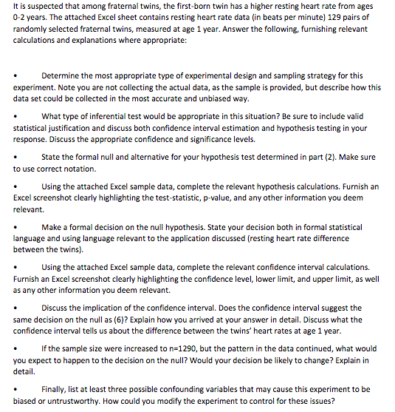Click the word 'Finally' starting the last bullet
point(56,388)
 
